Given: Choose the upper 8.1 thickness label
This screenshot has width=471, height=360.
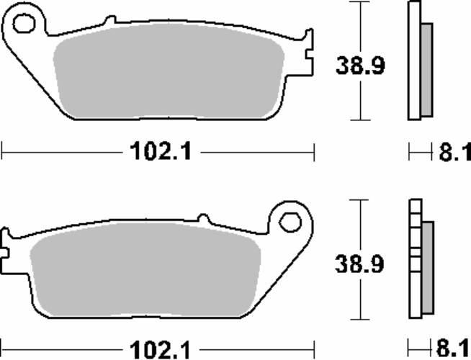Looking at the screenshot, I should point(454,152).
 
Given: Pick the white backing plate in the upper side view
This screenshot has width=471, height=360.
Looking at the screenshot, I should point(414,61).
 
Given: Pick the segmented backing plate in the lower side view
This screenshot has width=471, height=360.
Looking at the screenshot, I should point(414,259).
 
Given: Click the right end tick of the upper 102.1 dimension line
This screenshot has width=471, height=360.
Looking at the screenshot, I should point(315,152).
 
